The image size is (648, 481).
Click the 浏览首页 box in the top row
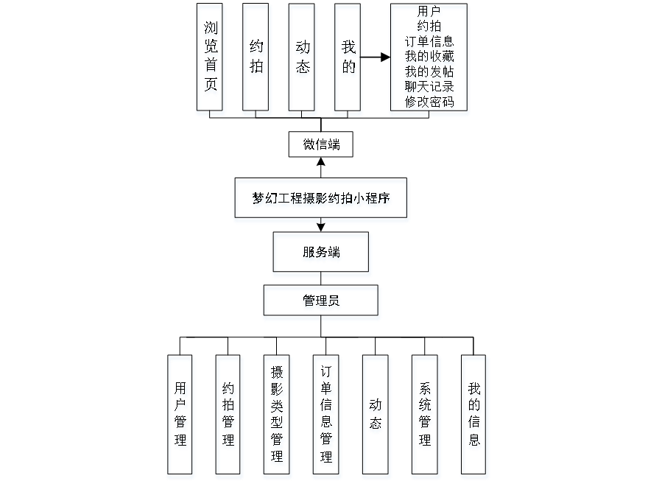(211, 60)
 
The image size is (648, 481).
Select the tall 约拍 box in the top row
(256, 60)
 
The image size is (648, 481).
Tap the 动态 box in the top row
(302, 60)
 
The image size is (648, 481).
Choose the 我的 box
(348, 60)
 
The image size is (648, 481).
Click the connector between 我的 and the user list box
(376, 57)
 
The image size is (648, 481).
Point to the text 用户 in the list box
(429, 12)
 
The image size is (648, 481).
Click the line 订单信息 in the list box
(429, 43)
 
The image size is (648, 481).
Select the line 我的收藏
(429, 57)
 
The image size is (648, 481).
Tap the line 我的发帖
(429, 73)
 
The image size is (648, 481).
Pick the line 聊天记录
(429, 88)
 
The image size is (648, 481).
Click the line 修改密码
(429, 102)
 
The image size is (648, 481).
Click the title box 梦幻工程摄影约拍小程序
(321, 200)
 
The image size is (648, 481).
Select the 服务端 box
(321, 254)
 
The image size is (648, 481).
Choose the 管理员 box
(321, 303)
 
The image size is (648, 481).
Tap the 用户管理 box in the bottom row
(180, 416)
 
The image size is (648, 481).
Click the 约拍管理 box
(228, 416)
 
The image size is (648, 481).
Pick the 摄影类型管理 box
(277, 416)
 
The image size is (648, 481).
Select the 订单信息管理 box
(326, 416)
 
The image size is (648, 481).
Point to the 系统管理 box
(426, 416)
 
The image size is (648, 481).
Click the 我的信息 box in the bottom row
(475, 416)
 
